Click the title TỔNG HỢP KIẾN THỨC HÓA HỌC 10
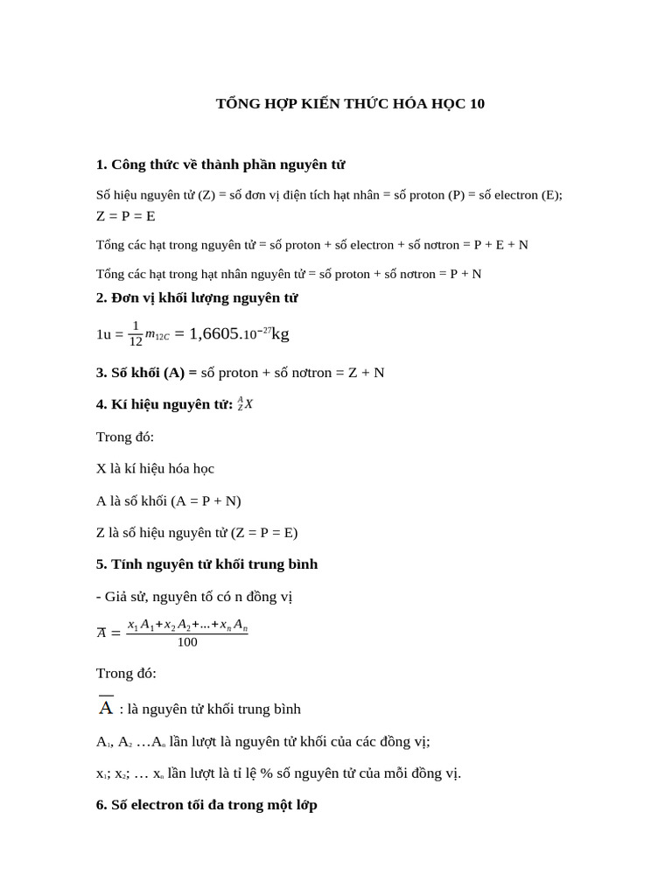(x=350, y=104)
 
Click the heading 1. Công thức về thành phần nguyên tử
(x=220, y=164)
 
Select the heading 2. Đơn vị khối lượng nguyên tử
(x=197, y=298)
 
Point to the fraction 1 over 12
(x=136, y=333)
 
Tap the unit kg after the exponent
(x=281, y=333)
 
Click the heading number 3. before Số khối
(x=101, y=373)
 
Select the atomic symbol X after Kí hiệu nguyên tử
(x=248, y=404)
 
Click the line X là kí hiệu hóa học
(x=155, y=469)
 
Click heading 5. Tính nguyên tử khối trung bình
(x=206, y=564)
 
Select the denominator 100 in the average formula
(x=187, y=642)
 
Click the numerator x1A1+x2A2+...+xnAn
(x=187, y=625)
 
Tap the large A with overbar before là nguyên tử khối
(x=106, y=707)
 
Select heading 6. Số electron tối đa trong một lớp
(x=206, y=805)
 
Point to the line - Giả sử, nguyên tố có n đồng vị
(x=194, y=597)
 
